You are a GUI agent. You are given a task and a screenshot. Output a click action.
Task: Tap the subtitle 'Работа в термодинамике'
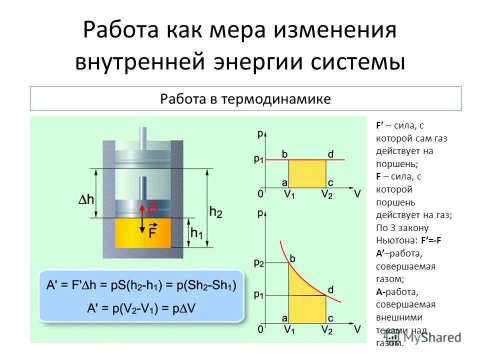point(245,98)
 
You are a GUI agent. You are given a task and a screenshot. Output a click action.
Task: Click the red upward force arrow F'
point(141,210)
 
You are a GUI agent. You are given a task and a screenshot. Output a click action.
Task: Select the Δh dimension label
point(86,199)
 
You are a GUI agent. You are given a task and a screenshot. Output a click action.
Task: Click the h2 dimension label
point(216,212)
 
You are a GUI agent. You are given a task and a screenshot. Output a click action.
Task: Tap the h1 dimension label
point(196,233)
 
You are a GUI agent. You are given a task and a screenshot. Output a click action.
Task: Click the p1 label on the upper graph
point(258,159)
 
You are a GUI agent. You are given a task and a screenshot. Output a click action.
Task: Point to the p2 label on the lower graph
point(258,262)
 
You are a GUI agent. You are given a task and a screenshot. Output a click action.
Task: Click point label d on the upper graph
point(330,153)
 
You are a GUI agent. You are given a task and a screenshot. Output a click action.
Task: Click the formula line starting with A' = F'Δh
point(142,285)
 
